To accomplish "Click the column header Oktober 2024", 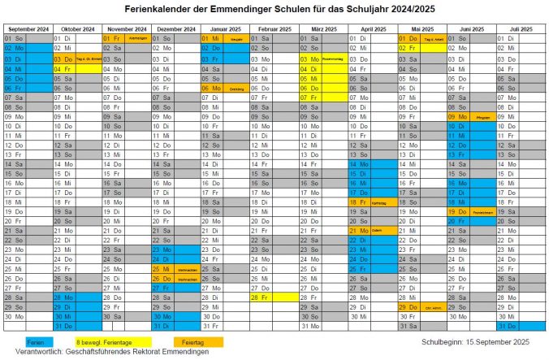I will (x=77, y=28).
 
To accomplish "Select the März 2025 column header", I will (x=322, y=28).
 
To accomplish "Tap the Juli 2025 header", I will (x=519, y=28).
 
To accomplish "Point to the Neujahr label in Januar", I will (x=236, y=38).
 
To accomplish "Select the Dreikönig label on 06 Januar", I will (x=236, y=89).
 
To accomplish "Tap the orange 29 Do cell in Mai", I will (x=408, y=307).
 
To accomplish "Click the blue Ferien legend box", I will (x=35, y=342).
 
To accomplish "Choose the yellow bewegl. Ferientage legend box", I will (x=102, y=342).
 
